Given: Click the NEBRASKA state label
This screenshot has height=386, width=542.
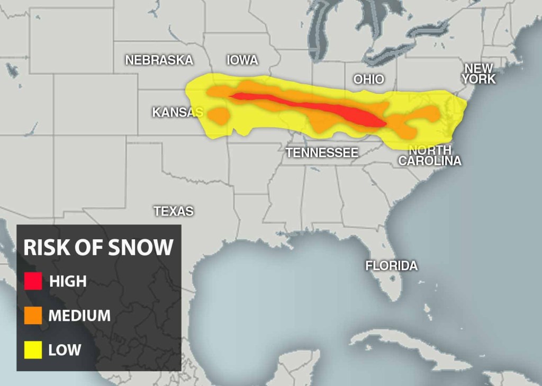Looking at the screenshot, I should point(159,60).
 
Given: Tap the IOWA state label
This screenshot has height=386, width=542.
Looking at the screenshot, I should point(242,60).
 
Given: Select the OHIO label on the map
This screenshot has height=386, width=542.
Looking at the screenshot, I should point(369,79).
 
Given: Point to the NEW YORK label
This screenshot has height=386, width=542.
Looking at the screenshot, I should point(478,74).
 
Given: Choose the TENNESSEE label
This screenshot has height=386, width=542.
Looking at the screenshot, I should point(322,153).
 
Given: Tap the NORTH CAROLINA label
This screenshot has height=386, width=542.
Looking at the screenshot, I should point(430,155).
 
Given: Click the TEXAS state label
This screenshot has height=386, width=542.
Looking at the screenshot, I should point(174,211).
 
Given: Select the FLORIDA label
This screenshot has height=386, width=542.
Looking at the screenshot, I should point(391,265).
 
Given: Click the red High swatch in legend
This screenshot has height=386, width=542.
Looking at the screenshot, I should point(33,281).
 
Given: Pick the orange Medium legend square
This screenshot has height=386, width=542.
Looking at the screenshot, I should point(33,316).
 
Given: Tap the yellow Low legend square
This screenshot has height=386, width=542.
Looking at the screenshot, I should point(33,349).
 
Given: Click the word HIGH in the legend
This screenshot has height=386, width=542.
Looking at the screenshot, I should point(68,281).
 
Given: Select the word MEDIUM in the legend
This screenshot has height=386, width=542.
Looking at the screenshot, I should point(79,316).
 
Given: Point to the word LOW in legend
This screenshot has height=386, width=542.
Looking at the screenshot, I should point(65,349).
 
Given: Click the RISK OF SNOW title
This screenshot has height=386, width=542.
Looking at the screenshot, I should point(98,247).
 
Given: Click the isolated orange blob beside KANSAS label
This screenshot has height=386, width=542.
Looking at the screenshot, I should point(218,115).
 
